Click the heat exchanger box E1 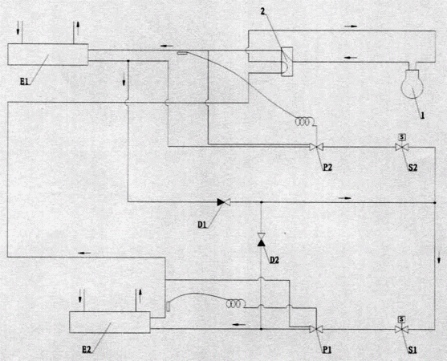(47, 55)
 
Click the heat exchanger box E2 (110, 322)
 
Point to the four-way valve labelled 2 (286, 62)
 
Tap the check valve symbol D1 (223, 202)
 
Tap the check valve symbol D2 (261, 240)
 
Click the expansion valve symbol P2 (316, 147)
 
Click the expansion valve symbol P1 (316, 329)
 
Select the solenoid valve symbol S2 (402, 144)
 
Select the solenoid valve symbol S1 (402, 327)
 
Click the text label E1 (24, 82)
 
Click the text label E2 (87, 350)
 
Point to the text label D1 (202, 225)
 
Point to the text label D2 (274, 260)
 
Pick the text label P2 (327, 167)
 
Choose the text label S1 (412, 350)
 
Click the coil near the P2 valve (304, 122)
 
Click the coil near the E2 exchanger (235, 304)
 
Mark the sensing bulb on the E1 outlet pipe (182, 53)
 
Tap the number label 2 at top (262, 12)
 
